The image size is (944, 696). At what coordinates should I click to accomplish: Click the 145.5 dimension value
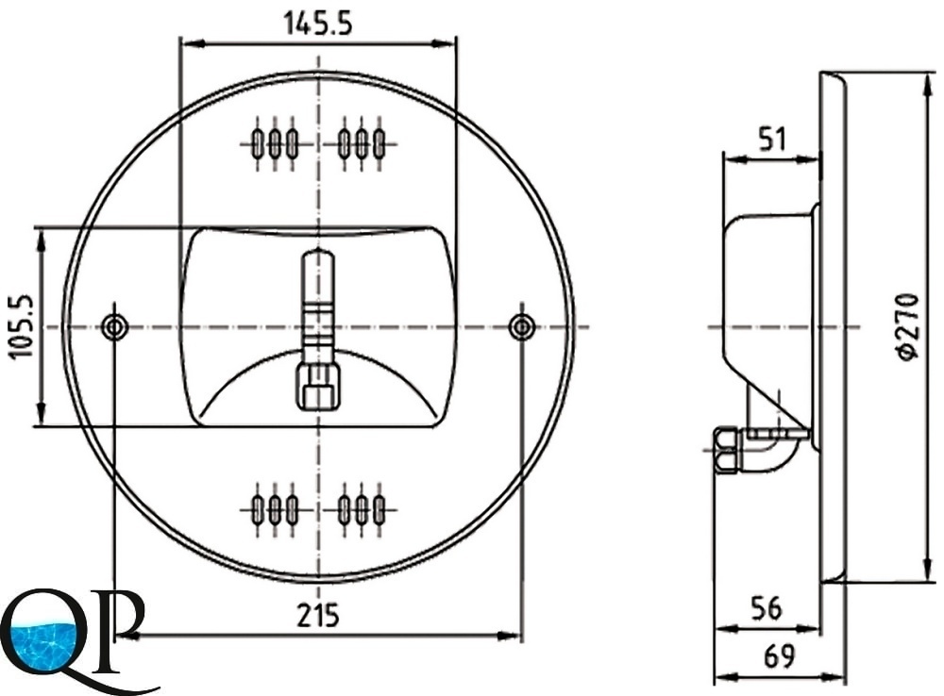(317, 24)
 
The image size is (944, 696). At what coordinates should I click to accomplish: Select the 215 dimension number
(318, 616)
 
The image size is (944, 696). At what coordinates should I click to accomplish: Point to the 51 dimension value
(772, 139)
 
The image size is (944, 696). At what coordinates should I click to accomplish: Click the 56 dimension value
(767, 608)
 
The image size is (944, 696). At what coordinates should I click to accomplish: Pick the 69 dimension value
(779, 656)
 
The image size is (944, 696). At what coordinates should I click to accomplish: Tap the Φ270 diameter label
(908, 327)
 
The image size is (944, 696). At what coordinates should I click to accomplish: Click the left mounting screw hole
(114, 327)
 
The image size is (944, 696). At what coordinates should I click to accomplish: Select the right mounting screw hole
(521, 327)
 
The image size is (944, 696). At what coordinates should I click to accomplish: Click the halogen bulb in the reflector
(318, 301)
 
